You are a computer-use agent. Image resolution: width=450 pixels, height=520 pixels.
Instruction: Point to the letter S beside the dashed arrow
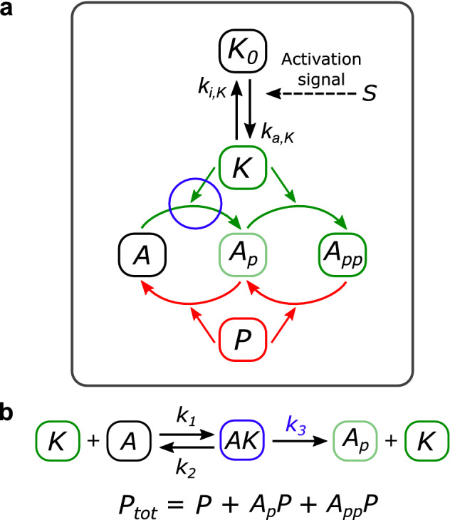pyautogui.click(x=370, y=93)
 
